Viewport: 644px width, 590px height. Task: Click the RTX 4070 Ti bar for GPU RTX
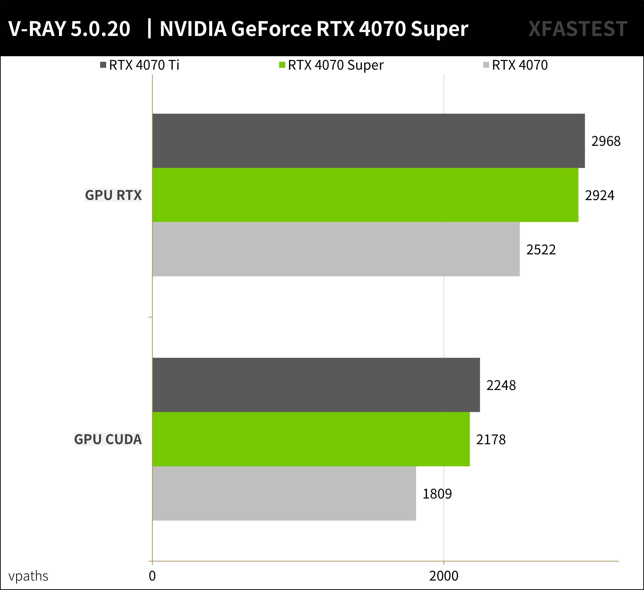pos(368,141)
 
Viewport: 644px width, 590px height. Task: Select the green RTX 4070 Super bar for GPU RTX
pos(365,195)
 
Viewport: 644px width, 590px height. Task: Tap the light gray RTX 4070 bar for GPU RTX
pos(336,249)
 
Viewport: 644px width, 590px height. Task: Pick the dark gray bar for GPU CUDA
pos(316,385)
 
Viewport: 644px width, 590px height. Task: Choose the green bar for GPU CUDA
pos(311,439)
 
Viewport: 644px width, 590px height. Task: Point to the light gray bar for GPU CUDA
pos(284,494)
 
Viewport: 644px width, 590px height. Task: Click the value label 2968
pos(606,141)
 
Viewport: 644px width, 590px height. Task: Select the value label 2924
pos(599,195)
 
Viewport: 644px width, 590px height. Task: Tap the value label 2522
pos(541,250)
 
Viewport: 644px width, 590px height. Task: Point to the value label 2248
pos(501,385)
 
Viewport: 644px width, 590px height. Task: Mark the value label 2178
pos(491,440)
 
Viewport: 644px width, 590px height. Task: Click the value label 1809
pos(437,494)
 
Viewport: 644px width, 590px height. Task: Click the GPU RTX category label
pos(113,195)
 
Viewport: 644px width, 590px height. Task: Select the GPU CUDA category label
pos(108,439)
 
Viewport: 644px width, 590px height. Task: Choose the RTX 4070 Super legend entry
pos(332,65)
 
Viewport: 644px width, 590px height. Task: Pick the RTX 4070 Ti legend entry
pos(140,65)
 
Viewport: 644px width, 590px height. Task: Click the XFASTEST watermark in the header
pos(578,29)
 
